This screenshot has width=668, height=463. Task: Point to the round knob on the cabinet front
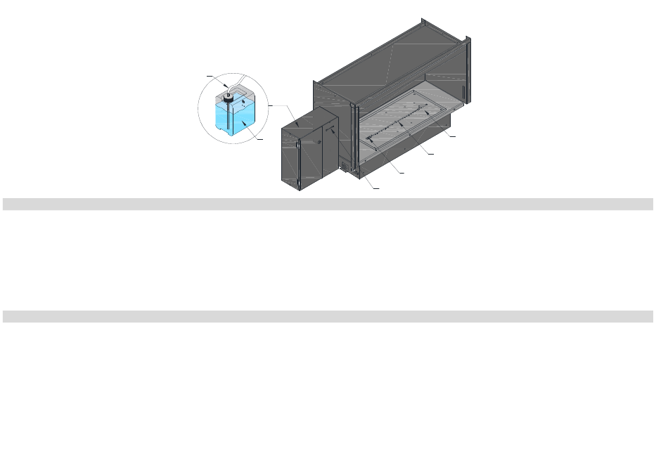(x=319, y=142)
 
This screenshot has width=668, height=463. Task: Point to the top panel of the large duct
(x=394, y=56)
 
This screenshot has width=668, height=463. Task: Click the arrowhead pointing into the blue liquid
(x=245, y=123)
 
